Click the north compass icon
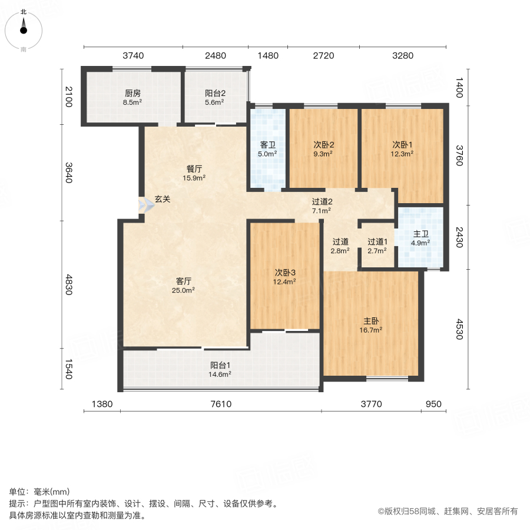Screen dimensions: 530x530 (24, 27)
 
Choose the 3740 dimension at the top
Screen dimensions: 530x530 (133, 56)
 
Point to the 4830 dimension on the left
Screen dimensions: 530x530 (69, 285)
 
